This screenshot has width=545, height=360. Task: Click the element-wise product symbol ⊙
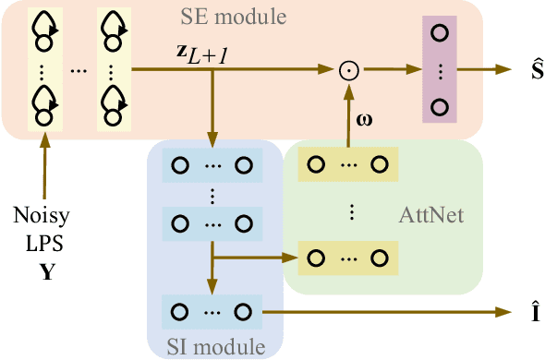(x=348, y=70)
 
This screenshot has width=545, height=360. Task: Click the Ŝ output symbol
(x=528, y=68)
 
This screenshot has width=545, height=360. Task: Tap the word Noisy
(x=40, y=219)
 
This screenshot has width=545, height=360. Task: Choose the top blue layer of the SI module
(x=212, y=166)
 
